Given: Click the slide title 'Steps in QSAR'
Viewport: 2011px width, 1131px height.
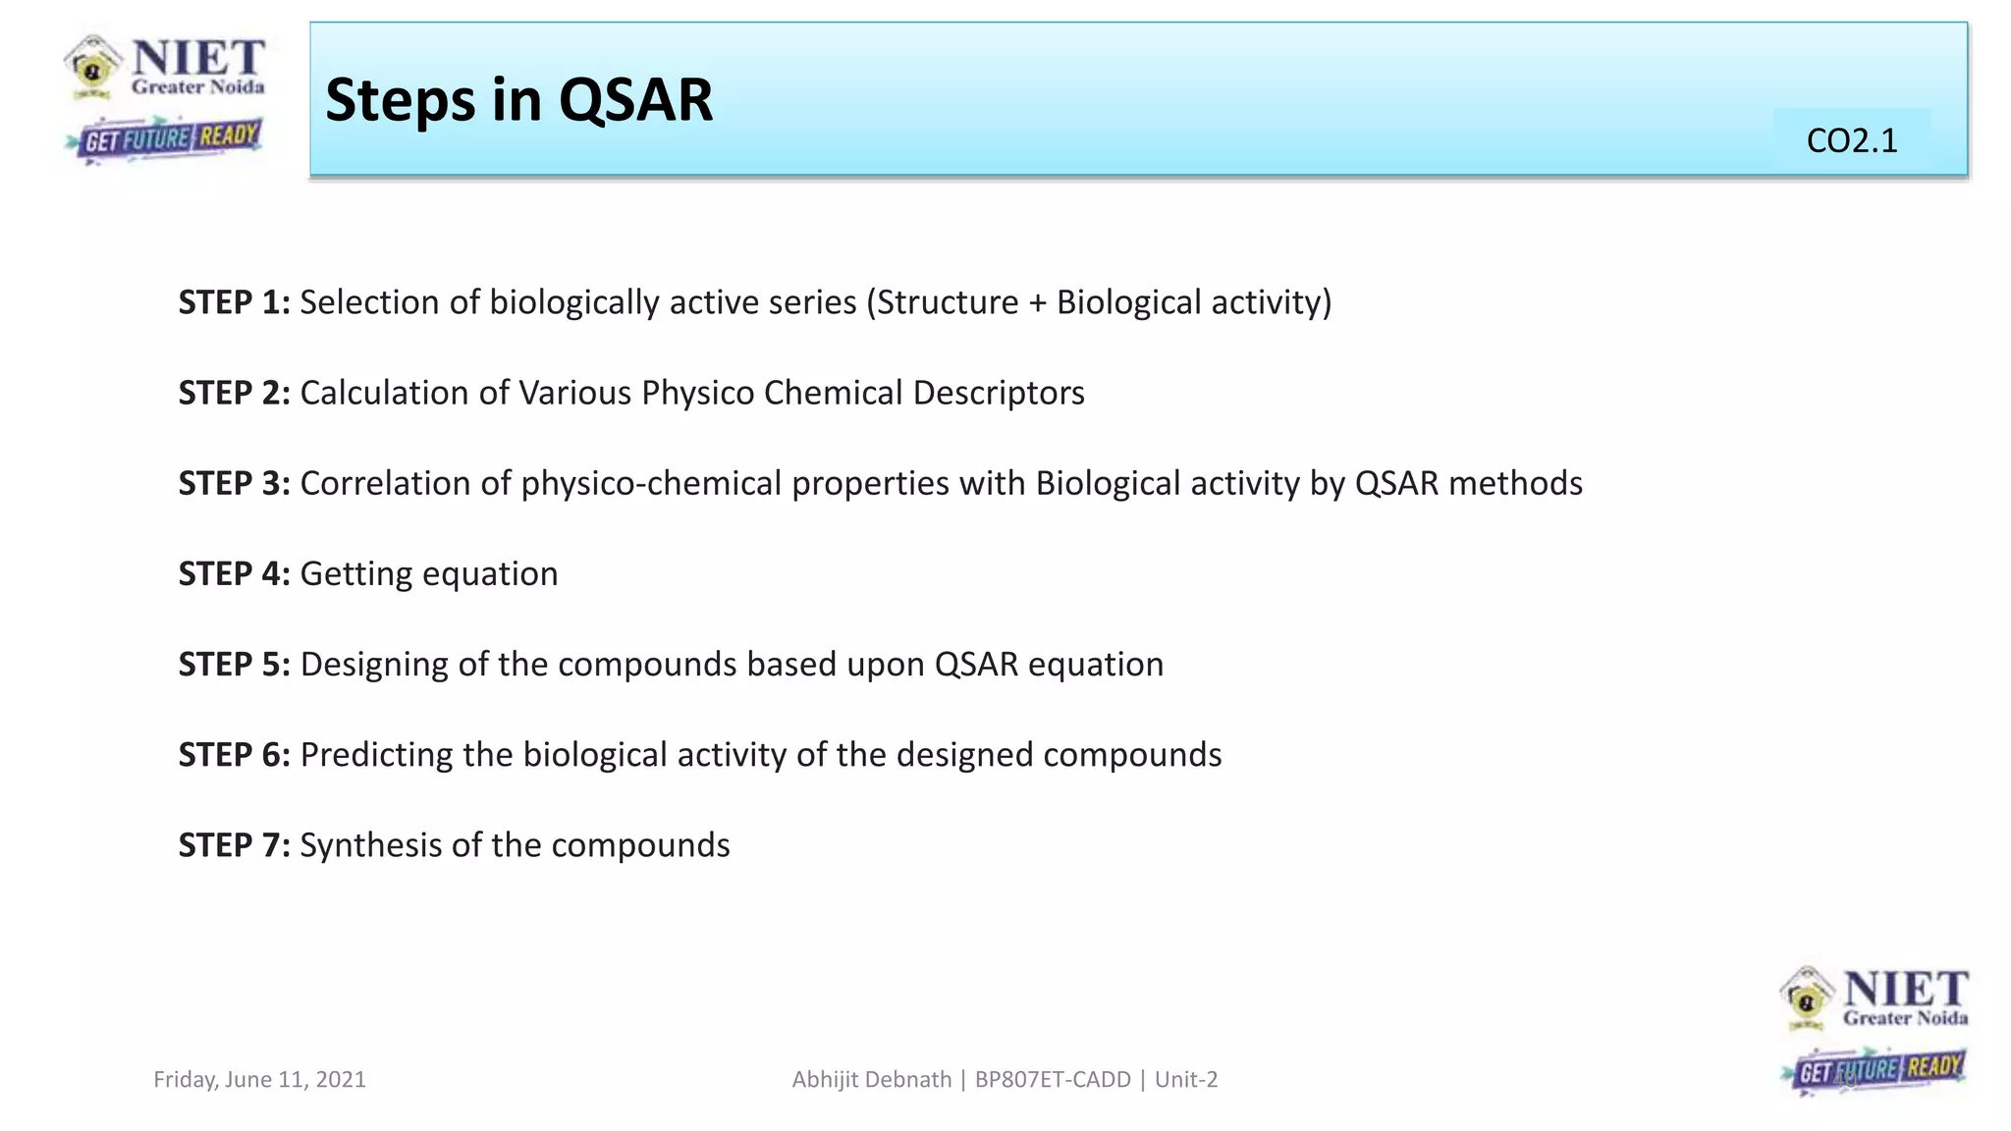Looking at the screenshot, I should pyautogui.click(x=518, y=100).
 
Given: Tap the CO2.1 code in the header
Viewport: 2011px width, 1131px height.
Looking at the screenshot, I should pyautogui.click(x=1851, y=141).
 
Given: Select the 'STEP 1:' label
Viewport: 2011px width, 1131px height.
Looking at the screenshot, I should pyautogui.click(x=234, y=302).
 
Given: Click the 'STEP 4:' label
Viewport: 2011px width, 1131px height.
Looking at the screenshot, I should pyautogui.click(x=234, y=573).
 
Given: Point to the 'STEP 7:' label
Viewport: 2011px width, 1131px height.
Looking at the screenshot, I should pyautogui.click(x=234, y=845).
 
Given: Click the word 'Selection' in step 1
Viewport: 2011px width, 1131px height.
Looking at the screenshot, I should pyautogui.click(x=369, y=302).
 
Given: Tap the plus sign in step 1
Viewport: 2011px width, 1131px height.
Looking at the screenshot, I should pyautogui.click(x=1038, y=303).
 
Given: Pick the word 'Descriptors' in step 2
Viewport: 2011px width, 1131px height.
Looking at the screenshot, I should pyautogui.click(x=999, y=393).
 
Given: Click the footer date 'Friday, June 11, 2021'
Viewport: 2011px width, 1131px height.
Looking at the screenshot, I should pyautogui.click(x=259, y=1080).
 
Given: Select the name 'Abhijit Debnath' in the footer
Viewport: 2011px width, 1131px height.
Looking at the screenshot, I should pyautogui.click(x=871, y=1080).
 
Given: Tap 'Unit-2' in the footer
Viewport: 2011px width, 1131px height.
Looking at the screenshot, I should pyautogui.click(x=1186, y=1080).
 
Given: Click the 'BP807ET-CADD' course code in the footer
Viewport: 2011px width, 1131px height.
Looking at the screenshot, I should pyautogui.click(x=1053, y=1080).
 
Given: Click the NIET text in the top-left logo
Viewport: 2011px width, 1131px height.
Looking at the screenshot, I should pyautogui.click(x=198, y=58).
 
